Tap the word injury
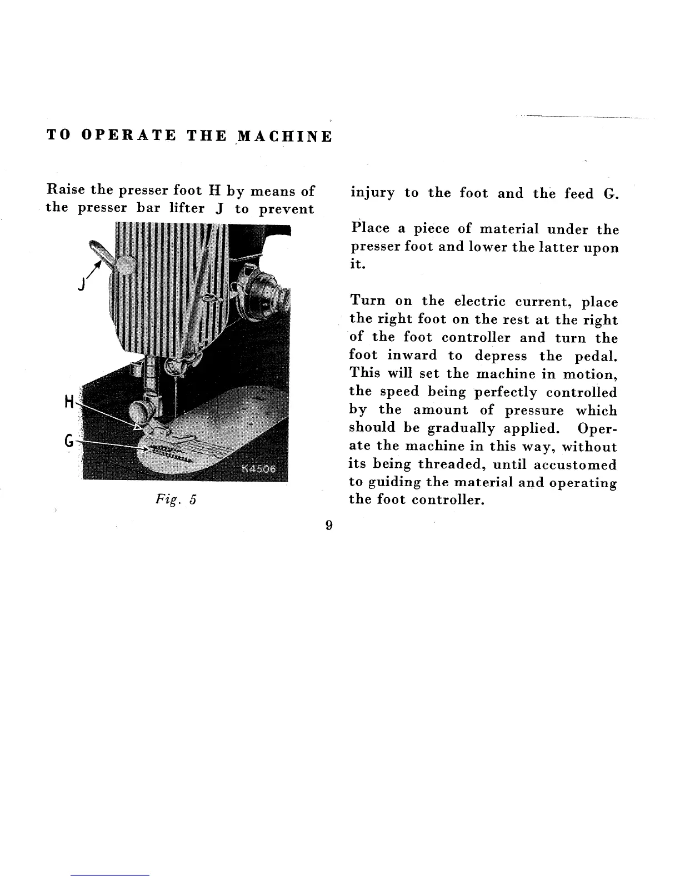(x=372, y=193)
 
